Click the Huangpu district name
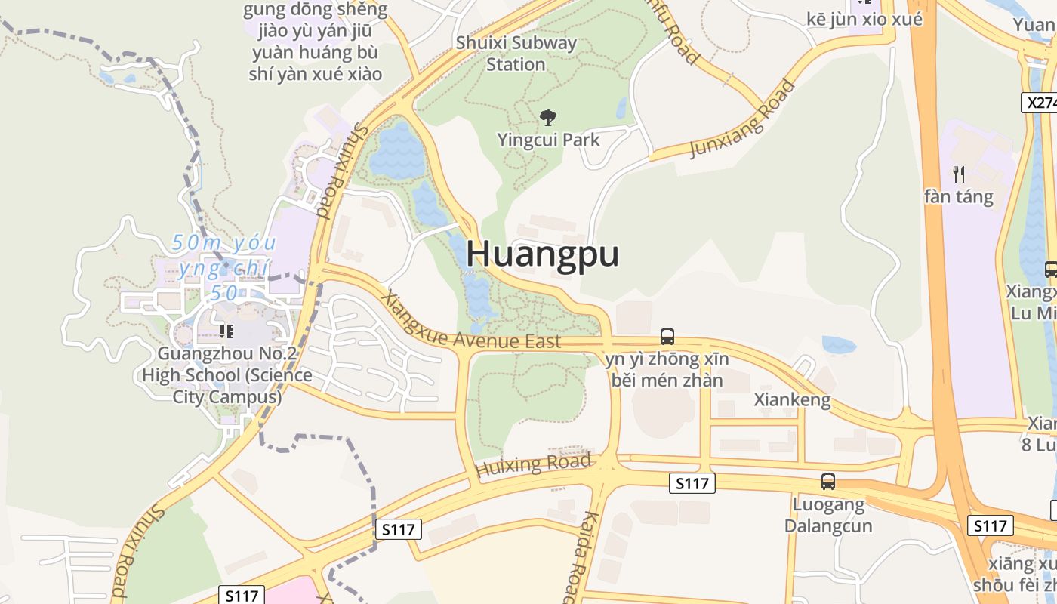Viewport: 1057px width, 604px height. tap(542, 254)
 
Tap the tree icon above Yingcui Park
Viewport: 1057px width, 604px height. tap(548, 117)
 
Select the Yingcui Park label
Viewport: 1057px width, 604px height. tap(548, 140)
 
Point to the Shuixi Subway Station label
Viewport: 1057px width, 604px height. tap(516, 53)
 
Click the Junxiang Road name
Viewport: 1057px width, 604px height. tap(743, 119)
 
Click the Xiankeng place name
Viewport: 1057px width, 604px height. tap(792, 399)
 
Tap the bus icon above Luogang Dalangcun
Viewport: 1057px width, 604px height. tap(828, 481)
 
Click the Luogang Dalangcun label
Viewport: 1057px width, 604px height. tap(828, 514)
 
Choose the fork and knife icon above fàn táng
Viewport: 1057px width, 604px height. tap(959, 174)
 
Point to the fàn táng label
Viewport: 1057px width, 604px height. tap(959, 197)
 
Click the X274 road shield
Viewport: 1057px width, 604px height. tap(1041, 103)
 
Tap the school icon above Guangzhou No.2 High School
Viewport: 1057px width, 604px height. tap(226, 331)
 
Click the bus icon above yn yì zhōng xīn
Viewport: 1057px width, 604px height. tap(667, 337)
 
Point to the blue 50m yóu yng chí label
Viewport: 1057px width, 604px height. tap(223, 268)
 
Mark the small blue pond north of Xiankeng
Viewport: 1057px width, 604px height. tap(839, 345)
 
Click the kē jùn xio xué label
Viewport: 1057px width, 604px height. tap(864, 20)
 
